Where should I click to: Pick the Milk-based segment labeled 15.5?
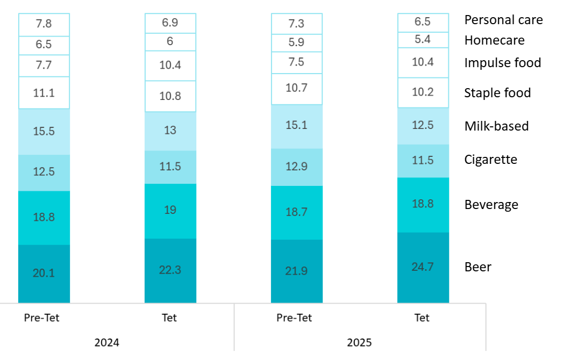pyautogui.click(x=44, y=132)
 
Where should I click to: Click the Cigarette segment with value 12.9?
pyautogui.click(x=296, y=167)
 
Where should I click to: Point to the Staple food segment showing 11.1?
pyautogui.click(x=44, y=93)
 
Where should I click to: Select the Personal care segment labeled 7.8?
pyautogui.click(x=44, y=25)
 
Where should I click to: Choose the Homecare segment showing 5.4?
pyautogui.click(x=423, y=40)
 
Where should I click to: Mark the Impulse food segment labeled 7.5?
pyautogui.click(x=296, y=62)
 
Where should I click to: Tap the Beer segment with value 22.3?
pyautogui.click(x=170, y=270)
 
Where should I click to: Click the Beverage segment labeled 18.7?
pyautogui.click(x=296, y=213)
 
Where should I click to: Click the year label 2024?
pyautogui.click(x=106, y=342)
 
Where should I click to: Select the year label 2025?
pyautogui.click(x=359, y=342)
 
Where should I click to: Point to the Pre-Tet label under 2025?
pyautogui.click(x=294, y=318)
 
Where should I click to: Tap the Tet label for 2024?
pyautogui.click(x=169, y=318)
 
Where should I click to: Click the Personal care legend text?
pyautogui.click(x=503, y=20)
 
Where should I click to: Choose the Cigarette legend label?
pyautogui.click(x=490, y=160)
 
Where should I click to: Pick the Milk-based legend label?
pyautogui.click(x=496, y=126)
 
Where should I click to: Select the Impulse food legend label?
pyautogui.click(x=502, y=63)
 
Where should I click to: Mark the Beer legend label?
pyautogui.click(x=478, y=267)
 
